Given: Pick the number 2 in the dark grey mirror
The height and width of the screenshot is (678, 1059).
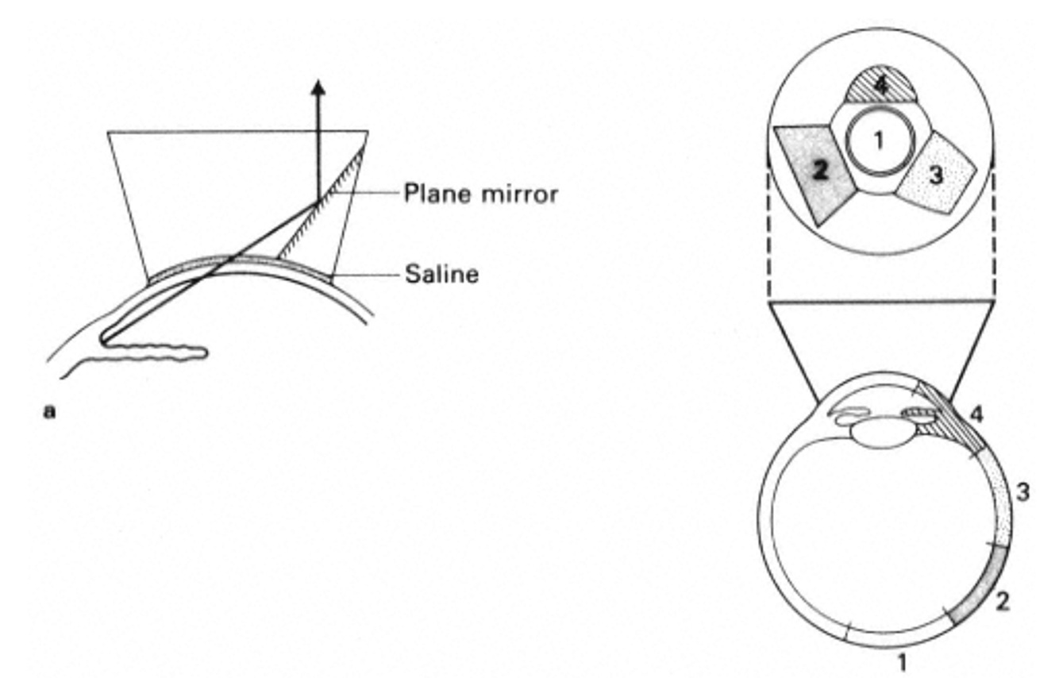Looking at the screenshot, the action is pos(811,169).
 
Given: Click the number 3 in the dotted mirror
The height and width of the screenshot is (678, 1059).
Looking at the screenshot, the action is pos(937,175).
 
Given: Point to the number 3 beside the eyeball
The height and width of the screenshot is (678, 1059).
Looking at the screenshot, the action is pos(1023,492).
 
